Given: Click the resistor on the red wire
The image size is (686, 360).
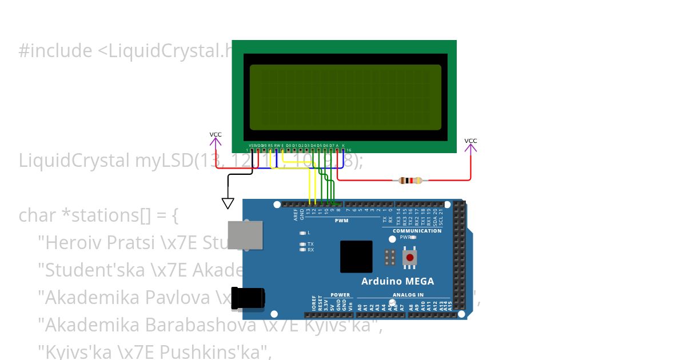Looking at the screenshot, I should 410,181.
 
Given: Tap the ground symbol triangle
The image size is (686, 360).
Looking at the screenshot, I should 228,203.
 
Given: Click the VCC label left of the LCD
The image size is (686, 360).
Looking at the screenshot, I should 216,135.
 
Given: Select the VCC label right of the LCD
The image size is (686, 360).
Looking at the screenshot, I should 470,141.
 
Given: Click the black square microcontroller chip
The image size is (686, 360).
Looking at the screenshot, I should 356,257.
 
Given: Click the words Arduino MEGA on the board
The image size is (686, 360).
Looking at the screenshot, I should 397,281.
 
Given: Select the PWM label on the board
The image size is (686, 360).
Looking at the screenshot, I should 341,221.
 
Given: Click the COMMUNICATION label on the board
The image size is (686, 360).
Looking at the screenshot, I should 417,231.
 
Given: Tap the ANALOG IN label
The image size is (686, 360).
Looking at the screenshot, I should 408,295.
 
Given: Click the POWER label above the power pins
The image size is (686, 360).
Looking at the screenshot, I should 340,295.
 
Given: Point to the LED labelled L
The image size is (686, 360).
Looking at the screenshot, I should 303,233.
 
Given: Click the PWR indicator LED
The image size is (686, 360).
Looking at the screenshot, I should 413,237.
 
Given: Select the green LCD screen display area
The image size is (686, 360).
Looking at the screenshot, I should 345,96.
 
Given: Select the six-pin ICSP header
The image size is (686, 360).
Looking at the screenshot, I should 390,257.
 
